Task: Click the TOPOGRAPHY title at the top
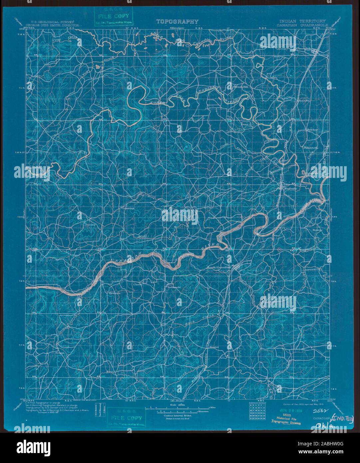click(178, 22)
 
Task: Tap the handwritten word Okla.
click(324, 425)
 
